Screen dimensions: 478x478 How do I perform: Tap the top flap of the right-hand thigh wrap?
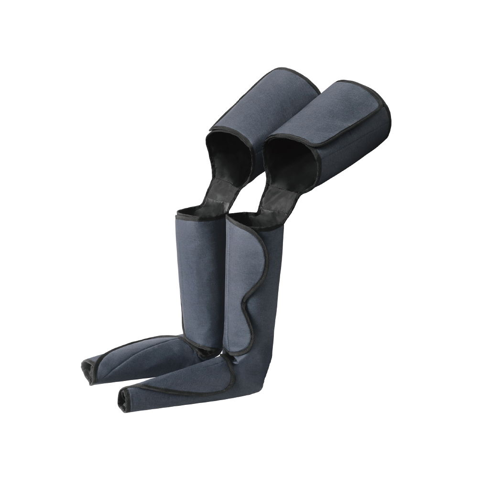(x=335, y=115)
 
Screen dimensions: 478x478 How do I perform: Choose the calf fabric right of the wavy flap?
(x=272, y=296)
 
